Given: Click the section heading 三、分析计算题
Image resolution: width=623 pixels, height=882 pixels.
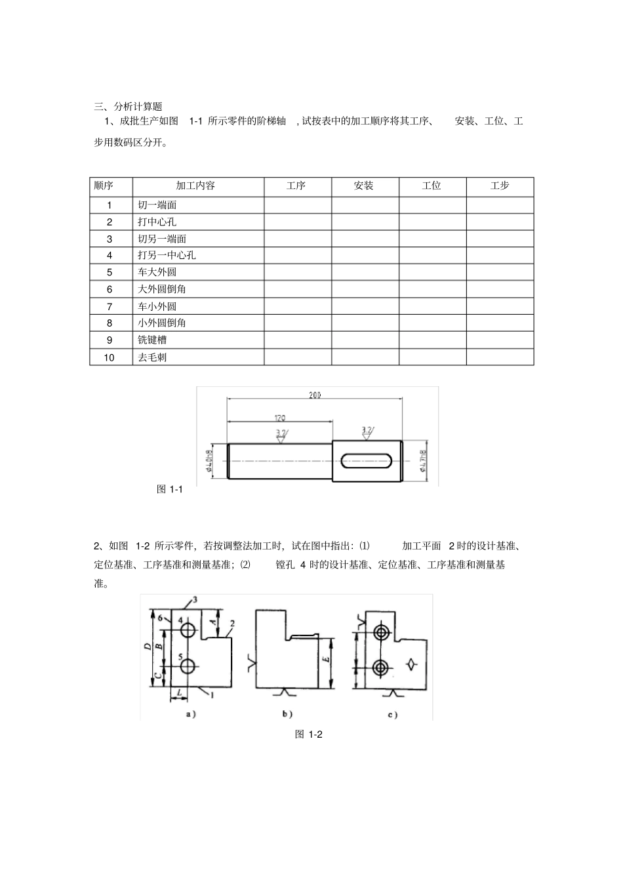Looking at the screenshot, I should pos(128,106).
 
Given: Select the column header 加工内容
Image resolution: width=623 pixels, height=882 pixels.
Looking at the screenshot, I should pos(195,186).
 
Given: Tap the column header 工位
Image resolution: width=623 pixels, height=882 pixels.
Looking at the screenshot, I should pos(432,186).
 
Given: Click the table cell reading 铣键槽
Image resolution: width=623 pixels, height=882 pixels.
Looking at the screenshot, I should pos(152,340).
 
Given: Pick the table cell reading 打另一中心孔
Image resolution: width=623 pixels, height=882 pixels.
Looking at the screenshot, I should pos(167,255).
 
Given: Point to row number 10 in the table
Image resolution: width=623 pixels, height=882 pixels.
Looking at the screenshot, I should pos(110,357).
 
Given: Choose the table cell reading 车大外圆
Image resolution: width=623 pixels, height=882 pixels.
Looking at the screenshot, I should pos(157,272).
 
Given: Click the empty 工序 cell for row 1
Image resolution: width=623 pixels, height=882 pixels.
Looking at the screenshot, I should pos(297,205).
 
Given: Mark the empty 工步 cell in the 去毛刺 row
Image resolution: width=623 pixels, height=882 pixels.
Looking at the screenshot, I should pos(500,357).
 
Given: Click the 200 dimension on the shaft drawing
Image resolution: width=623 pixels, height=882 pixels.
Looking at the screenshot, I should pos(315,395).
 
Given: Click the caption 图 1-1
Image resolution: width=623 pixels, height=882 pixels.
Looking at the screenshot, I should pos(169,489).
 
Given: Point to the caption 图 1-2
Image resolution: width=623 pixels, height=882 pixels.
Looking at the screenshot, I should pos(309,734).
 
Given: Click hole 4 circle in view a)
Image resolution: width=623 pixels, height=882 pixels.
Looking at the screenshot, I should pos(188,630).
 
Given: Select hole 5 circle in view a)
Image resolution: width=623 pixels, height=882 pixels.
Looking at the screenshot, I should pos(188,666).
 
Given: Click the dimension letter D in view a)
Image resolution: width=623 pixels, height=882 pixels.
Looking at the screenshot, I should pos(148,647).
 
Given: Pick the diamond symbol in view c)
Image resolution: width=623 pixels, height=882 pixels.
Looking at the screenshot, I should pos(412,663).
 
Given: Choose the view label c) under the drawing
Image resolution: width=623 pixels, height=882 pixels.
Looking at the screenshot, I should pos(392,715).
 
